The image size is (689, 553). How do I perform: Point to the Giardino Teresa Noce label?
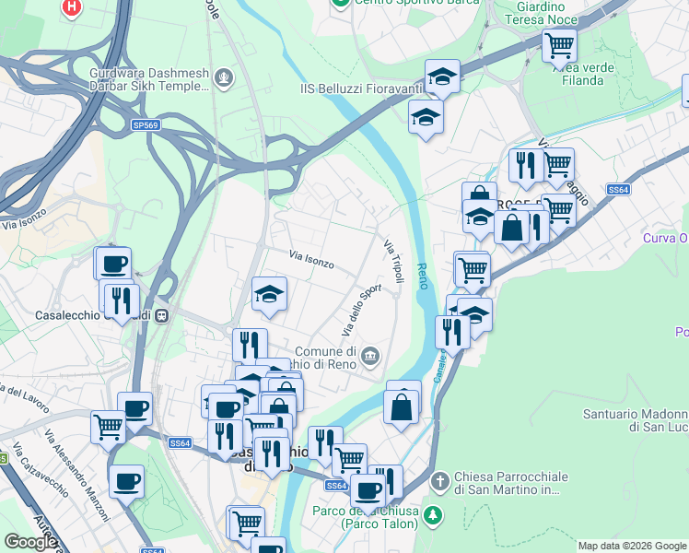tap(540, 13)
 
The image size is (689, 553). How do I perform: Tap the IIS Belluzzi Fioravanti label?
tap(361, 88)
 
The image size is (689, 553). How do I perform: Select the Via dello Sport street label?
tap(362, 310)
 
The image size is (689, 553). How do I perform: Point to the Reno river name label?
tap(423, 274)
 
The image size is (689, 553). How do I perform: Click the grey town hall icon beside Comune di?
tap(370, 355)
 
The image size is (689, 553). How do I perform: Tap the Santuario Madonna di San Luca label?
tap(636, 421)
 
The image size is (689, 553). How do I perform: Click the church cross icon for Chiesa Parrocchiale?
tap(441, 482)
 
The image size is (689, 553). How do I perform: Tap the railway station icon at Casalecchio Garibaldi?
tap(162, 314)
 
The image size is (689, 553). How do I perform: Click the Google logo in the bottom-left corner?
tap(29, 542)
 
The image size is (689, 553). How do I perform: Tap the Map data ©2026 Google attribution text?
tap(632, 546)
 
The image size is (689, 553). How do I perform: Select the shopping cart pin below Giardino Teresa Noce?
tap(558, 43)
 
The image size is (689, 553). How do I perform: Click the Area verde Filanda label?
tap(578, 74)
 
